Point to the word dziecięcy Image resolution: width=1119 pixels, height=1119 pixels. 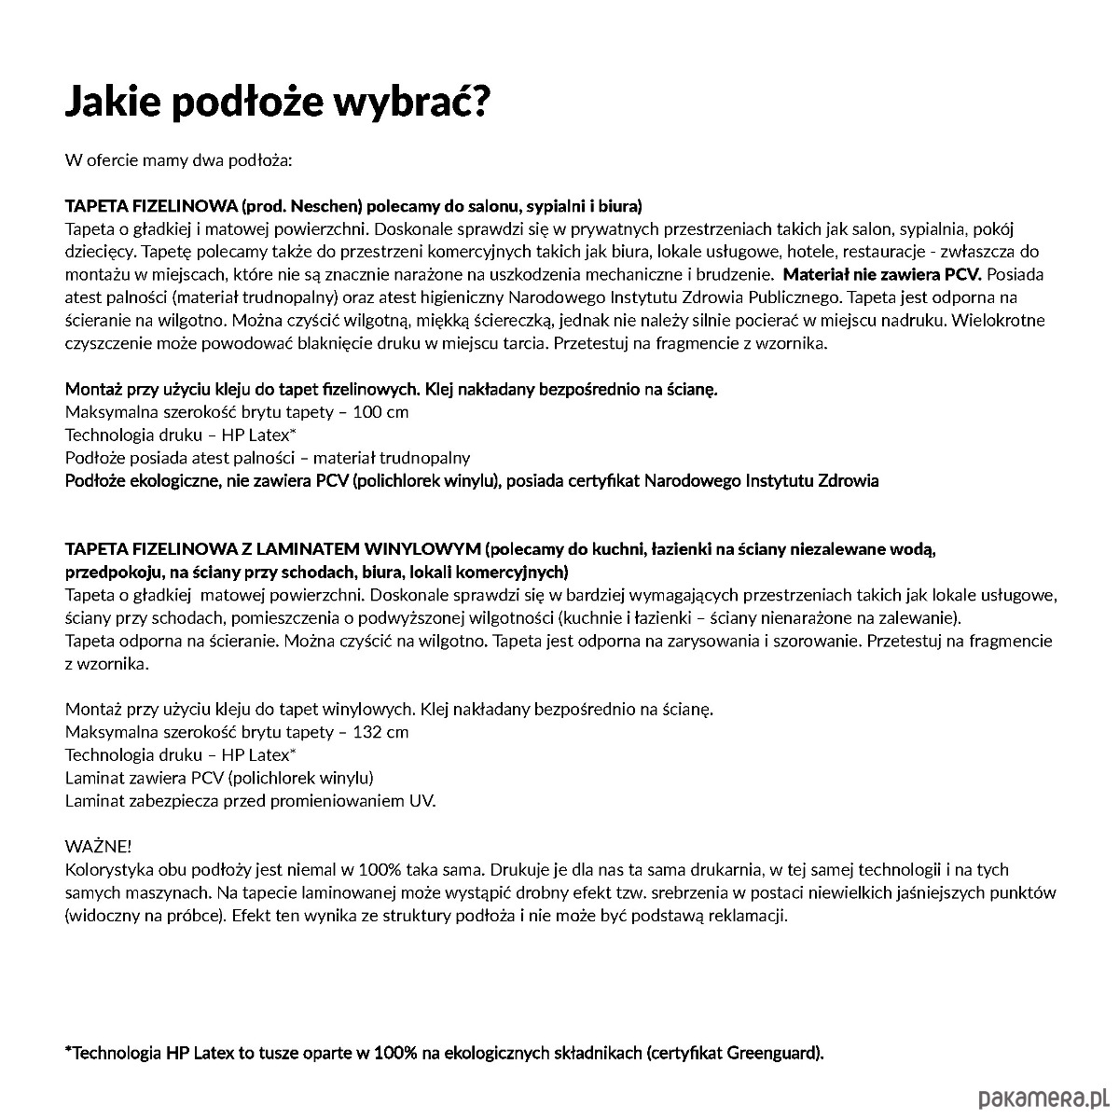(x=99, y=251)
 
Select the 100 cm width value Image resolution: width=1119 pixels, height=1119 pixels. (x=380, y=411)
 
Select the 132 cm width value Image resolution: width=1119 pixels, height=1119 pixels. (x=380, y=731)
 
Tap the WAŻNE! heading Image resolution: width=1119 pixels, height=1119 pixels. (x=98, y=846)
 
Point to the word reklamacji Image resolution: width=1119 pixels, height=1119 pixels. (x=745, y=915)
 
